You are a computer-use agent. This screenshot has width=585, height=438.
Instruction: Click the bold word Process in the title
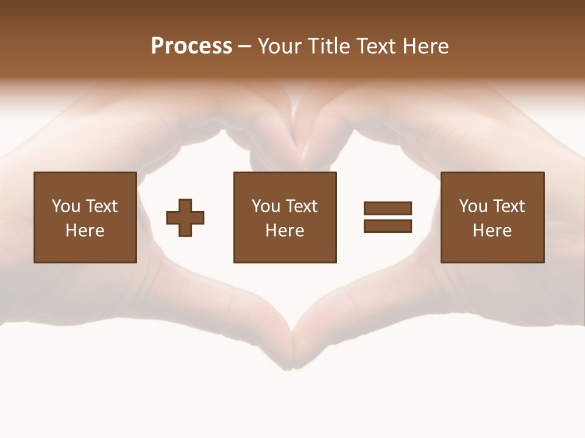[x=191, y=46]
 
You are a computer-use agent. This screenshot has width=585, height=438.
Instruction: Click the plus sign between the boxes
[x=185, y=217]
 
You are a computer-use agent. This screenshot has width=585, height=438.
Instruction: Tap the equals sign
[x=388, y=217]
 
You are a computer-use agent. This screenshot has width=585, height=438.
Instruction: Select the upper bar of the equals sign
[x=388, y=208]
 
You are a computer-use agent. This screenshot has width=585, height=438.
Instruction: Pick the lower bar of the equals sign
[x=388, y=226]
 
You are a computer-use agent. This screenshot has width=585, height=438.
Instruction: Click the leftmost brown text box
[x=85, y=217]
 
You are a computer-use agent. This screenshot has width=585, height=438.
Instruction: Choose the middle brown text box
[x=285, y=217]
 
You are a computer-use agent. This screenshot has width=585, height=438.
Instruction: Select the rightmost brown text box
[x=492, y=217]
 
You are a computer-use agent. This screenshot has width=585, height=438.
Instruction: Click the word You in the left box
[x=66, y=206]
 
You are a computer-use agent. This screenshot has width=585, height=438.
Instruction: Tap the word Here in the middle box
[x=285, y=231]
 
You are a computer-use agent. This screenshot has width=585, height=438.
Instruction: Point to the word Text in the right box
[x=509, y=206]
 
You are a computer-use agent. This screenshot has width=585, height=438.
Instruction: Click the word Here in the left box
[x=85, y=231]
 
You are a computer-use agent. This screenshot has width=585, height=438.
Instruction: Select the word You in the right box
[x=473, y=206]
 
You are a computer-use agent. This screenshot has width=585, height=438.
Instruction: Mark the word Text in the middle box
[x=302, y=206]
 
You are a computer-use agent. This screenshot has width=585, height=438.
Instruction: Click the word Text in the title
[x=375, y=46]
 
